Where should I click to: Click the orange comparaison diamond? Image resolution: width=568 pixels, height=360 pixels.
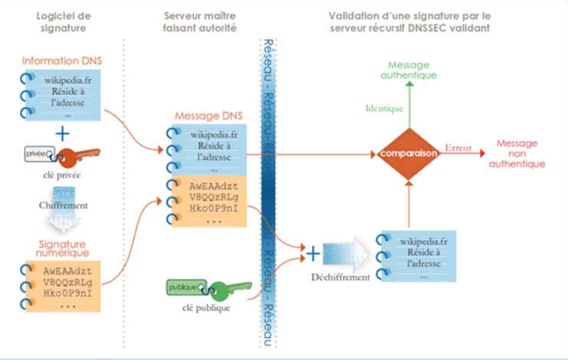408,154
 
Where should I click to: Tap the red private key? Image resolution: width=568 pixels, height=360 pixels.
74,156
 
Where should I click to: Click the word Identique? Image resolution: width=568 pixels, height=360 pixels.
384,109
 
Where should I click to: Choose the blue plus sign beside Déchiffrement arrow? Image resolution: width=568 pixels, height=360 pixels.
312,251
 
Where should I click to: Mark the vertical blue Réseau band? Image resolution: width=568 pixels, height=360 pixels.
268,191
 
